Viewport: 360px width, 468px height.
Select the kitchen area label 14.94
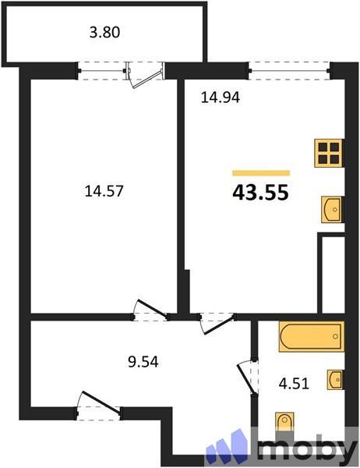219,97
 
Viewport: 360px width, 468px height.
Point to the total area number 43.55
261,193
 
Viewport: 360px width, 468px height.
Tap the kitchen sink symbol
332,209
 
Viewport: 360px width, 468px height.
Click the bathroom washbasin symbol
335,379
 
